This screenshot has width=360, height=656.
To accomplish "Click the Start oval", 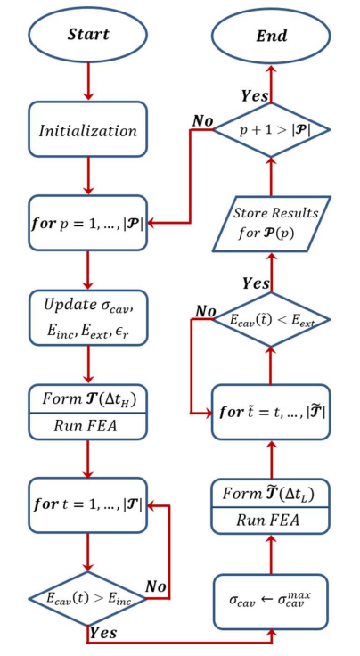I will [87, 36].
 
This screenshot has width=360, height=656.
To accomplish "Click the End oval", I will [272, 36].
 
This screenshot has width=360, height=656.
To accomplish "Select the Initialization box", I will [87, 130].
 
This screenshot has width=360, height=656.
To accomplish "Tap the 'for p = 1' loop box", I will [87, 222].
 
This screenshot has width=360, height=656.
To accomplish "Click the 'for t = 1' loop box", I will [87, 505].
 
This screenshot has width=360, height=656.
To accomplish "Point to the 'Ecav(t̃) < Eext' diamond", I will [271, 319].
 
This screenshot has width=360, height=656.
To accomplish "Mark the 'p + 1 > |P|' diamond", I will [272, 130].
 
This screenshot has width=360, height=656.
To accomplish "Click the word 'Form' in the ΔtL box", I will [233, 493].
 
